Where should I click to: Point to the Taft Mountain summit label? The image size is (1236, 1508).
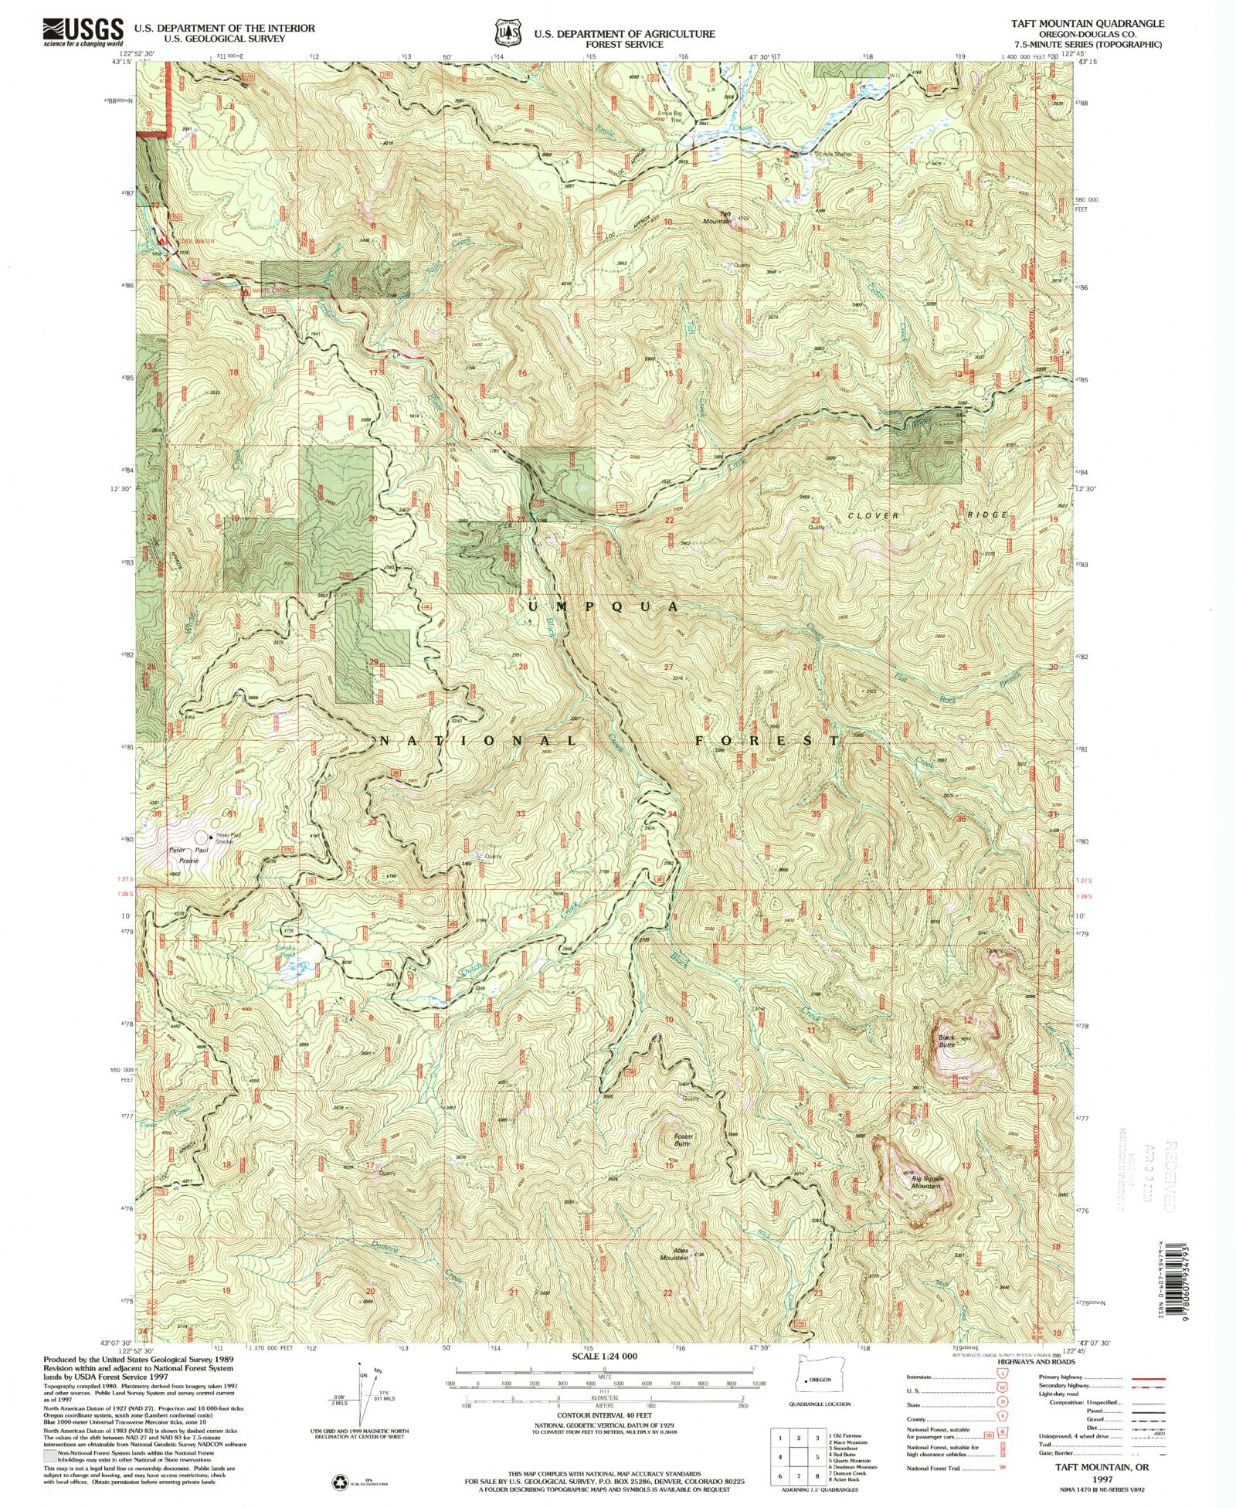coord(725,217)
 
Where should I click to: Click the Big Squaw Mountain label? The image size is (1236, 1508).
coord(927,1181)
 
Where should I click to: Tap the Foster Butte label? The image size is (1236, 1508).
coord(683,1139)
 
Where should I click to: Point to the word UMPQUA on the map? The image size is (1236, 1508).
coord(604,606)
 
